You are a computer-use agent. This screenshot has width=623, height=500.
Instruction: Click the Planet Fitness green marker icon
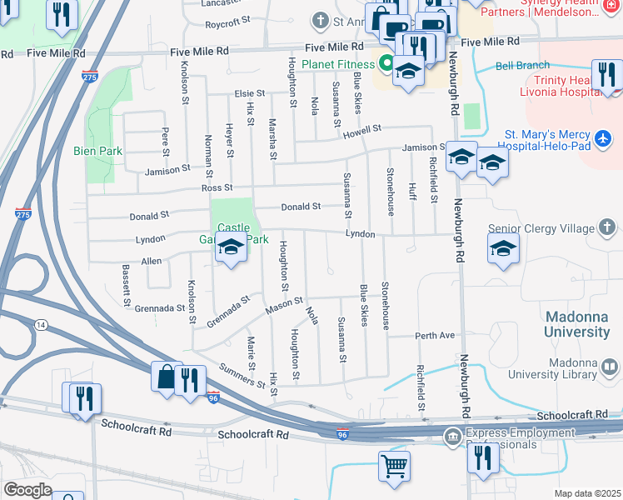[386, 62]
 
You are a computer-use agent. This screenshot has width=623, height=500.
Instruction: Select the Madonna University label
[577, 325]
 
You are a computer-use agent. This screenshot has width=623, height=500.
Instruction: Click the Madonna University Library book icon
[610, 367]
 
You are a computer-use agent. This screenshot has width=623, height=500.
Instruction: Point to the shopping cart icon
[394, 465]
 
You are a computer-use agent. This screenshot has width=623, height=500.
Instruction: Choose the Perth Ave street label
[436, 335]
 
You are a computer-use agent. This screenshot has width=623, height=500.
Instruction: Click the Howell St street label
[361, 130]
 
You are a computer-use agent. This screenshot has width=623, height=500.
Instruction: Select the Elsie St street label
[249, 94]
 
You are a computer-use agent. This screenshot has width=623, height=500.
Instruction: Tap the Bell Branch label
[523, 65]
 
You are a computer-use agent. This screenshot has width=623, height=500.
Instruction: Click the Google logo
[27, 489]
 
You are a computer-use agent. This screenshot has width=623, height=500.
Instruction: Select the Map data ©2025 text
[586, 493]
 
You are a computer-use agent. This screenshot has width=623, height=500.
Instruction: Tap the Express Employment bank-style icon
[453, 435]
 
